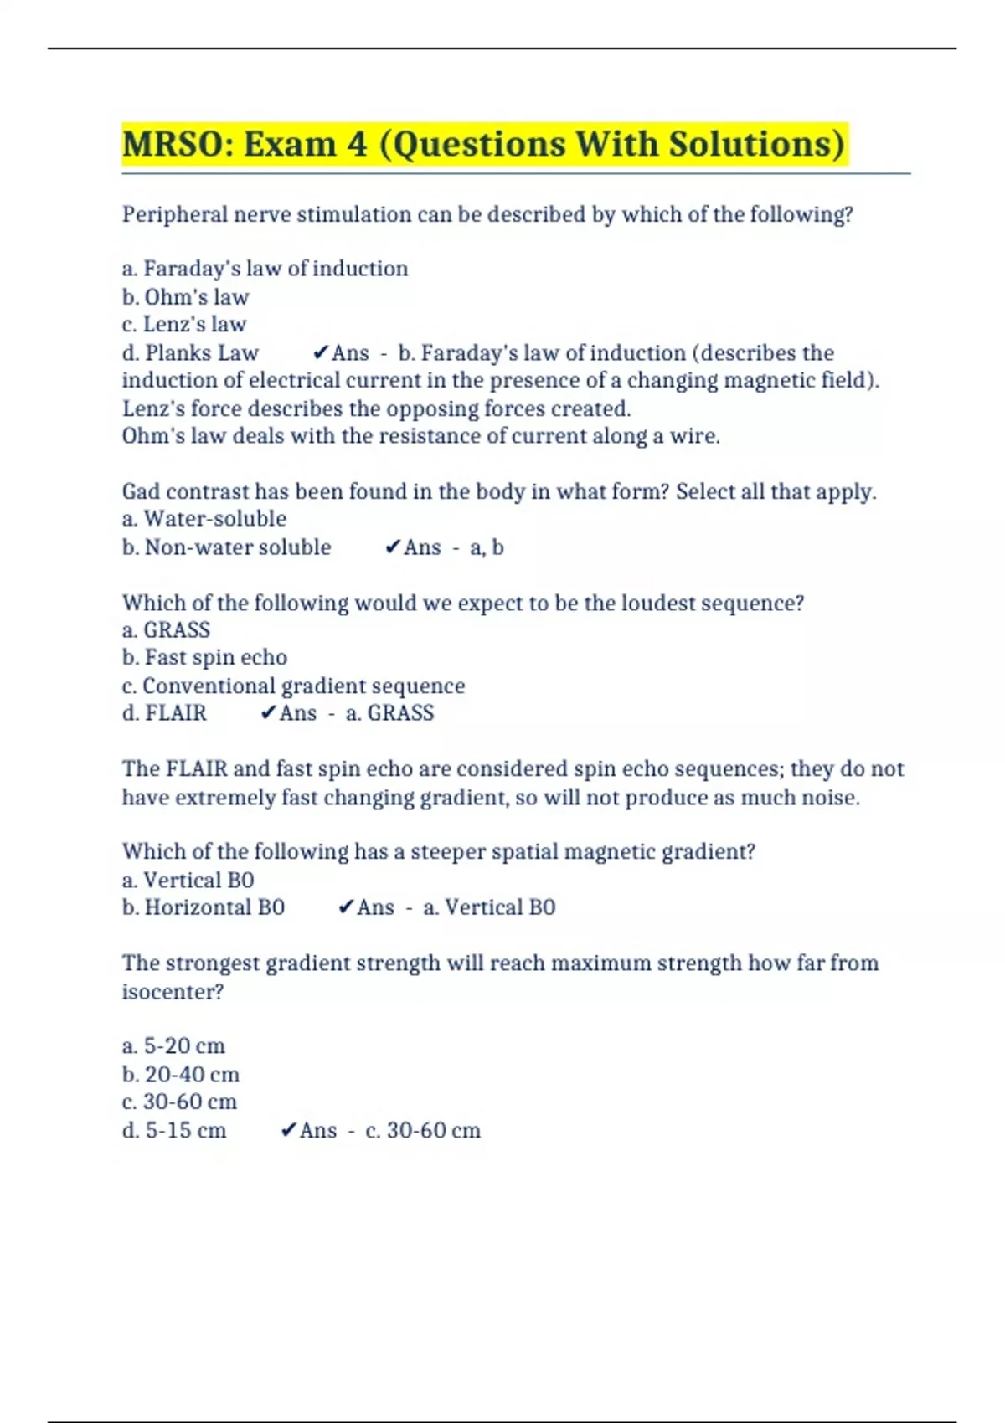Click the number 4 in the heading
point(357,144)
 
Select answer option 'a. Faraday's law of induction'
point(265,269)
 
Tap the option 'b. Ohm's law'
point(185,297)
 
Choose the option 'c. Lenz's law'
point(184,325)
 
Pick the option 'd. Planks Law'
point(190,353)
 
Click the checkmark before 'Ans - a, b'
point(392,547)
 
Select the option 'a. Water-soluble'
point(204,519)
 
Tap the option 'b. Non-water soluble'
point(226,547)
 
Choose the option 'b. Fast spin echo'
point(204,658)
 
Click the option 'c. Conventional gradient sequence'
point(293,686)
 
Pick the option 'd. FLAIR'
point(164,713)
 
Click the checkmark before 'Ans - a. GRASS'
point(268,713)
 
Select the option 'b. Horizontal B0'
point(204,907)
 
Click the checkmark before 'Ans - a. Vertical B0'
point(345,907)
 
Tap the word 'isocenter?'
point(173,992)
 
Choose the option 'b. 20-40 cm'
point(181,1075)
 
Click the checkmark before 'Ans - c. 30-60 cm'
point(288,1131)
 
